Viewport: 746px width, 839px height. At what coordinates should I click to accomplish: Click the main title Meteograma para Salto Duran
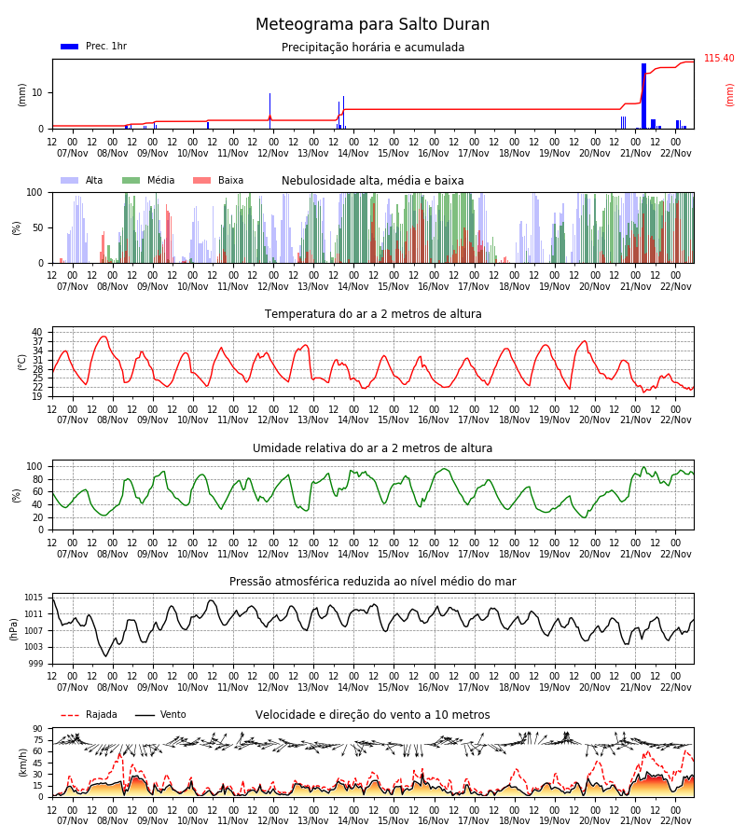tap(372, 24)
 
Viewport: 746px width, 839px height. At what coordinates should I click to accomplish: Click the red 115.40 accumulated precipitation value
tap(719, 59)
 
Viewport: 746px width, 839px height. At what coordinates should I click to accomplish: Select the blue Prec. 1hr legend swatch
tap(70, 47)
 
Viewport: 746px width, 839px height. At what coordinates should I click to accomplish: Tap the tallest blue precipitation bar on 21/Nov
tap(643, 96)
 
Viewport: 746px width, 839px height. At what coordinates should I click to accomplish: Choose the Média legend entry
tap(148, 180)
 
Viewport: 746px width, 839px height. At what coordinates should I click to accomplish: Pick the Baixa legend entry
tap(218, 180)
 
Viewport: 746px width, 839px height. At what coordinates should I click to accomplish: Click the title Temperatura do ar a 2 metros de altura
tap(373, 314)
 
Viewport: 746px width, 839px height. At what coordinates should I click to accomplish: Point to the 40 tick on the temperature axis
tap(37, 332)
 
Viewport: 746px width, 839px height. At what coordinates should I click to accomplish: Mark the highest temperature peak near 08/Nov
tap(104, 337)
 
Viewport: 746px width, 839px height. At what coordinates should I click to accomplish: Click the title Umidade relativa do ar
tap(372, 448)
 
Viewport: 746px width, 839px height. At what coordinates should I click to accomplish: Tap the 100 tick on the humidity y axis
tap(35, 467)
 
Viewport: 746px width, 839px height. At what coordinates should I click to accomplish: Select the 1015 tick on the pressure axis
tap(34, 598)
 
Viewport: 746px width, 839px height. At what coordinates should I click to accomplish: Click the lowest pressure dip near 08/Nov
tap(105, 655)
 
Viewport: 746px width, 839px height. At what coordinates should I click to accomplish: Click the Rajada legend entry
tap(89, 715)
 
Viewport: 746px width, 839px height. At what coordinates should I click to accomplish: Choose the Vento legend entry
tap(160, 715)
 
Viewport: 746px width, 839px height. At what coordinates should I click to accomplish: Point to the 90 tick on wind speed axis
tap(37, 729)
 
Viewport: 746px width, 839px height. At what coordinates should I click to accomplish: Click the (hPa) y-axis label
tap(14, 629)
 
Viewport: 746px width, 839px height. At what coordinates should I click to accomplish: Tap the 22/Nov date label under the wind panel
tap(676, 820)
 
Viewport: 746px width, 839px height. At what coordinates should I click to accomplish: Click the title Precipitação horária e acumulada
tap(373, 48)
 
